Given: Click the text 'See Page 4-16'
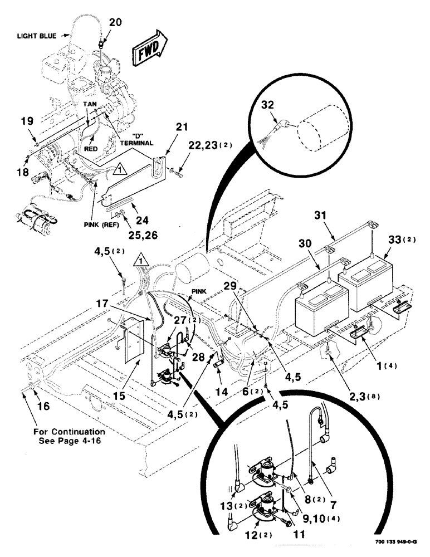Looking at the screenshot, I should [x=69, y=439].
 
